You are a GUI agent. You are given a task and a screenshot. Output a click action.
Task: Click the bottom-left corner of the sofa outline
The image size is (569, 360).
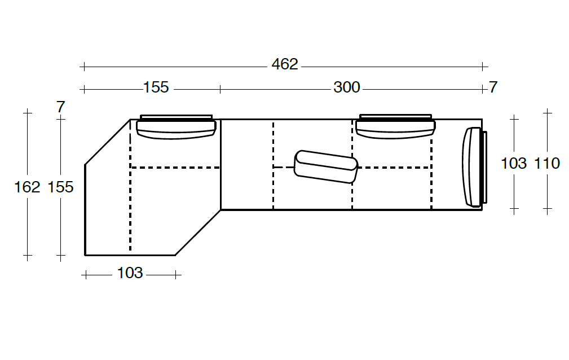85,256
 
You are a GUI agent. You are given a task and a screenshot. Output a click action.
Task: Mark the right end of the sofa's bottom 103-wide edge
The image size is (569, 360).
175,256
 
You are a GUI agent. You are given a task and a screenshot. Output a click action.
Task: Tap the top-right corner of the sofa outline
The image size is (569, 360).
482,119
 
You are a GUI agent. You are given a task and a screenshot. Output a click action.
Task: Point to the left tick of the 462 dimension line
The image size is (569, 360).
84,67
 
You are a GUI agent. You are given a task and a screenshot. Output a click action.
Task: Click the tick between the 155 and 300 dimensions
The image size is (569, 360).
220,89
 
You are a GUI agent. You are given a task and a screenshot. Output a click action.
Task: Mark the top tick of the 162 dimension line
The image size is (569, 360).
28,113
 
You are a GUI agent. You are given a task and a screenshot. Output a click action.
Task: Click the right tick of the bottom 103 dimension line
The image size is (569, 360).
175,275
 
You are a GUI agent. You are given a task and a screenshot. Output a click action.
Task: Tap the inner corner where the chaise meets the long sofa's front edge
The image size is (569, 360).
220,209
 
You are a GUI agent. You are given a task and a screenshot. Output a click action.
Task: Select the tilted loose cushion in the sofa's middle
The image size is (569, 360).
326,167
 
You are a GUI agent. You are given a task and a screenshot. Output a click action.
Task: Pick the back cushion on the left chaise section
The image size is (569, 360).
177,127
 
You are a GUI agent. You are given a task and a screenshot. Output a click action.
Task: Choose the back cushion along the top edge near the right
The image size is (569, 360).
395,127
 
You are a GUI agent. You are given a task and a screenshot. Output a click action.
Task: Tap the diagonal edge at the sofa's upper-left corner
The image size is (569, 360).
107,142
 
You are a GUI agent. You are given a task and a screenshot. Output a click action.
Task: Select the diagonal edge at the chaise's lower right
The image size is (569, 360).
198,232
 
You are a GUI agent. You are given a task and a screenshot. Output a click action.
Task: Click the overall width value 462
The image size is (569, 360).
285,64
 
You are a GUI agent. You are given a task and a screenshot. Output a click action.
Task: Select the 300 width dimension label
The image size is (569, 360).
347,87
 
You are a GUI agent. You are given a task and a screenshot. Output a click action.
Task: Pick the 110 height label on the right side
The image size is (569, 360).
547,164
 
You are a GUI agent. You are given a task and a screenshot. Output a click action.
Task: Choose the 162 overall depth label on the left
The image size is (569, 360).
27,187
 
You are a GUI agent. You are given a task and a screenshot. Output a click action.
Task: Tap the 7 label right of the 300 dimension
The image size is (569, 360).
493,87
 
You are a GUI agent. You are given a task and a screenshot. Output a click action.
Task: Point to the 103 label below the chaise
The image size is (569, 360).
130,273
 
